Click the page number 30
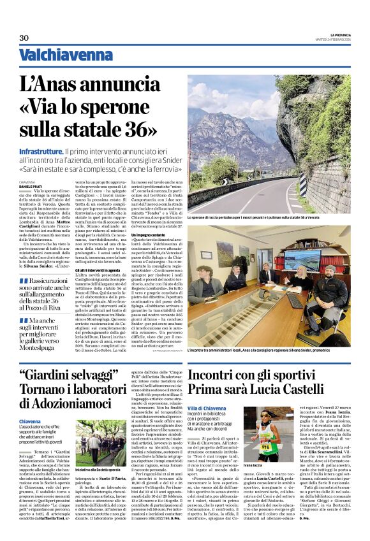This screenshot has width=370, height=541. pos(24,38)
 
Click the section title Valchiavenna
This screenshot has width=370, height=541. pos(57,56)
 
